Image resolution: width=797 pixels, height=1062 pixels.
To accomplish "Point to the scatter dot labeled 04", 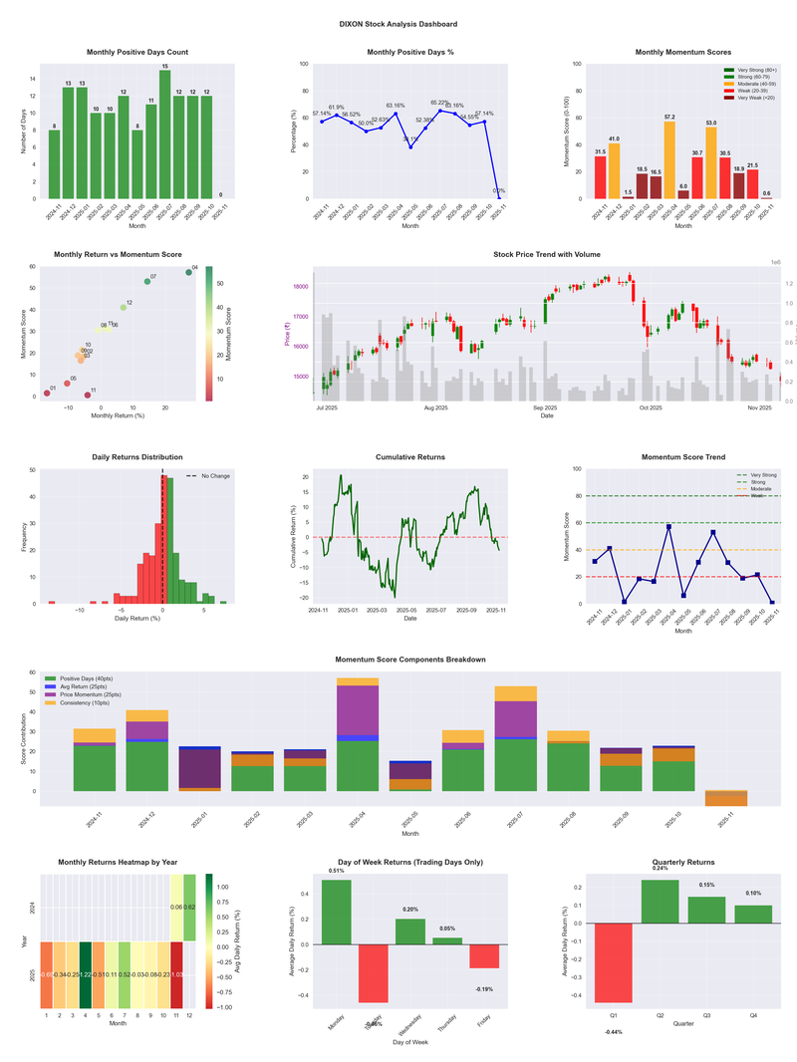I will tap(188, 272).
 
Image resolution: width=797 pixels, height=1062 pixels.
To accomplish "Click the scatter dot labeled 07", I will tap(146, 281).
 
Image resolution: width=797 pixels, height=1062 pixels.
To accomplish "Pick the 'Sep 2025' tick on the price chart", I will tap(545, 407).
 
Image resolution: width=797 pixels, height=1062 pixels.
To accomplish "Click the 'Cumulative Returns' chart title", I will tap(410, 457).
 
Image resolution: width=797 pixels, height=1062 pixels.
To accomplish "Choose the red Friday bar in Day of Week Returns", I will tap(484, 955).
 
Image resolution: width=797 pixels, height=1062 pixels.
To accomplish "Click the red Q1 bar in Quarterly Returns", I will tap(614, 973).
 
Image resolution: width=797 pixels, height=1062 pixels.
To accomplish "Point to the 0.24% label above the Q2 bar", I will tap(660, 868).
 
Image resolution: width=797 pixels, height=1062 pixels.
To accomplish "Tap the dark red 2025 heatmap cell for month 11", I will tap(176, 974).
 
